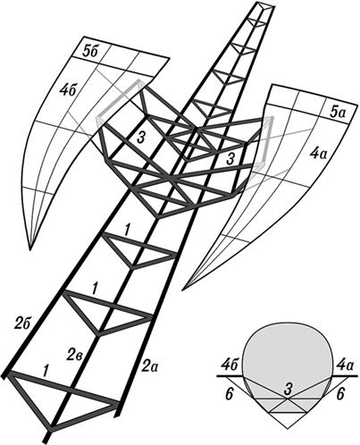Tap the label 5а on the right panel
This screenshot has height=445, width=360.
tap(337, 113)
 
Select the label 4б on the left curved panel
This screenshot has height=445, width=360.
tap(70, 90)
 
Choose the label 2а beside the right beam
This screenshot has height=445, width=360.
tap(150, 366)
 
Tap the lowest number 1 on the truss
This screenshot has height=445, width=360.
tap(46, 371)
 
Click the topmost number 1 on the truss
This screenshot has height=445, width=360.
tap(127, 231)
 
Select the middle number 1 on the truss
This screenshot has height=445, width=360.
tap(96, 289)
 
